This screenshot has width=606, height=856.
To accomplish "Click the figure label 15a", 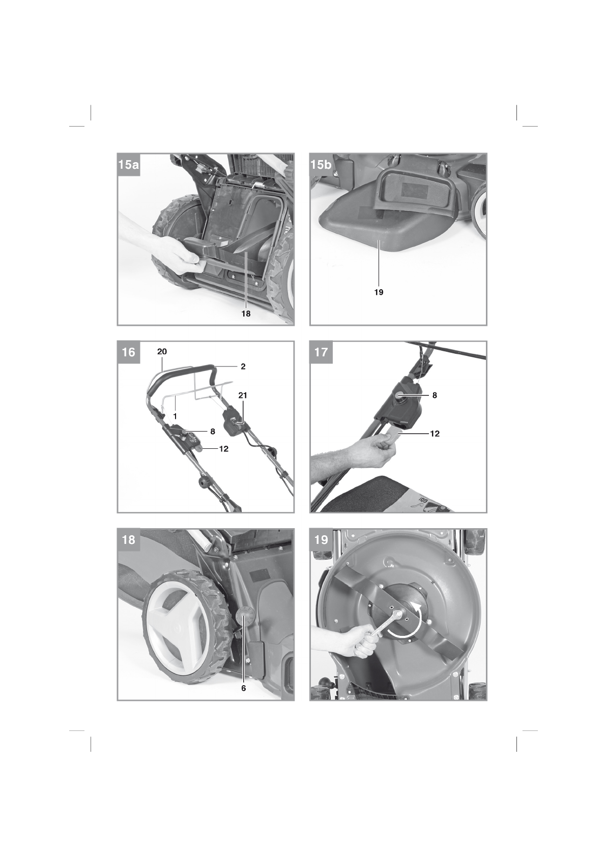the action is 128,165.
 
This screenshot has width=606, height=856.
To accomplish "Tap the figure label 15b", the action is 321,165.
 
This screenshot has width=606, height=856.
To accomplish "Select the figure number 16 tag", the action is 129,352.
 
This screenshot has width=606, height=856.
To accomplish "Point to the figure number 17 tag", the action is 321,352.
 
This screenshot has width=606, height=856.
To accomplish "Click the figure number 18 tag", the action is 129,540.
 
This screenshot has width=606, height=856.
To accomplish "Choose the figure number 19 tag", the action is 321,540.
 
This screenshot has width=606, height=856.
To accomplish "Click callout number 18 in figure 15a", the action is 246,314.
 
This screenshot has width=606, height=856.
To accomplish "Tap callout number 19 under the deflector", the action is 379,292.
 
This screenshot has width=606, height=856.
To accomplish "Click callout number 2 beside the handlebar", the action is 243,366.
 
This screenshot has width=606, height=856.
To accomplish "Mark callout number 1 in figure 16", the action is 175,415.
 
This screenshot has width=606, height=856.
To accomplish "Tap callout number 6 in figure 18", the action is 243,689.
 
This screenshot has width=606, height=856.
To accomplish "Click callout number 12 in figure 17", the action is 435,434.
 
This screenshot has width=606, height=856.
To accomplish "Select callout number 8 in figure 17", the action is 435,395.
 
